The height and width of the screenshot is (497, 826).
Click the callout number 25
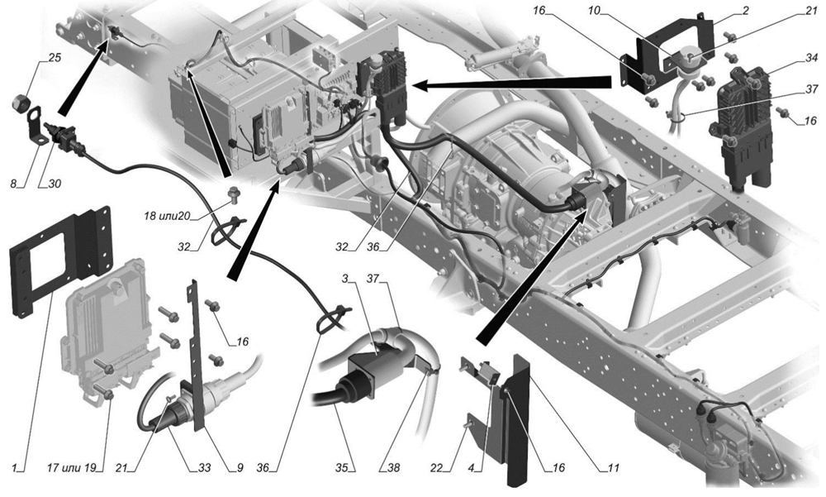click(55, 57)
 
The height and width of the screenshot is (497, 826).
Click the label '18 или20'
click(168, 215)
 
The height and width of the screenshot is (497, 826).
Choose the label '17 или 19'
click(75, 467)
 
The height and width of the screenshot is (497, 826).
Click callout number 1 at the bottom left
click(15, 467)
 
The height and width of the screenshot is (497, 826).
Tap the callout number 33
click(204, 467)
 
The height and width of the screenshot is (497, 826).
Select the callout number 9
click(240, 467)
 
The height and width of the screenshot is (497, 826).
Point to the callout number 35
click(343, 467)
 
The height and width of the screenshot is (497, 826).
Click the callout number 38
click(394, 467)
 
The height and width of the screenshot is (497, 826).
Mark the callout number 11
click(613, 467)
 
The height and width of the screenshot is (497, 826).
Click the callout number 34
click(812, 58)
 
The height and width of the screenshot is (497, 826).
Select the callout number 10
click(594, 11)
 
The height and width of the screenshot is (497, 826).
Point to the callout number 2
click(745, 11)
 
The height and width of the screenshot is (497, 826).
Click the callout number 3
click(345, 278)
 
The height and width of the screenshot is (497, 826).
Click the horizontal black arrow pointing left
click(511, 84)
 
